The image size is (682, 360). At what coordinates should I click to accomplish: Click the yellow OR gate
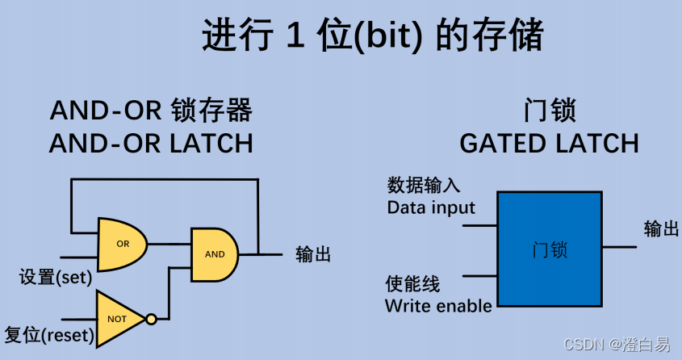[x=121, y=244]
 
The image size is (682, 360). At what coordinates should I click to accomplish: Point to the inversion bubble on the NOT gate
[x=151, y=319]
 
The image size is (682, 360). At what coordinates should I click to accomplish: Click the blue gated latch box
[x=550, y=249]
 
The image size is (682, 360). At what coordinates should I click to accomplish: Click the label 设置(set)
[x=55, y=278]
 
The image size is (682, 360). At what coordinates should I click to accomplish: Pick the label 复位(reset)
[x=49, y=334]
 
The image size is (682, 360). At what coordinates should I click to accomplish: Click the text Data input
[x=431, y=207]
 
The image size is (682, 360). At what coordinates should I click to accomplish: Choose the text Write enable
[x=438, y=306]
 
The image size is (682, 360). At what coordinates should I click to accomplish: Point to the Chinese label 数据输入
[x=424, y=186]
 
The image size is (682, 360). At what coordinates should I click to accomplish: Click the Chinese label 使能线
[x=412, y=284]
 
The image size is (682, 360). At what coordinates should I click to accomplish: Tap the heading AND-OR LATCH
[x=151, y=144]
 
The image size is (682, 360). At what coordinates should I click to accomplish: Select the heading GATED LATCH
[x=549, y=144]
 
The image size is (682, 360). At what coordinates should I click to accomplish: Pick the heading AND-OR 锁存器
[x=151, y=110]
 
